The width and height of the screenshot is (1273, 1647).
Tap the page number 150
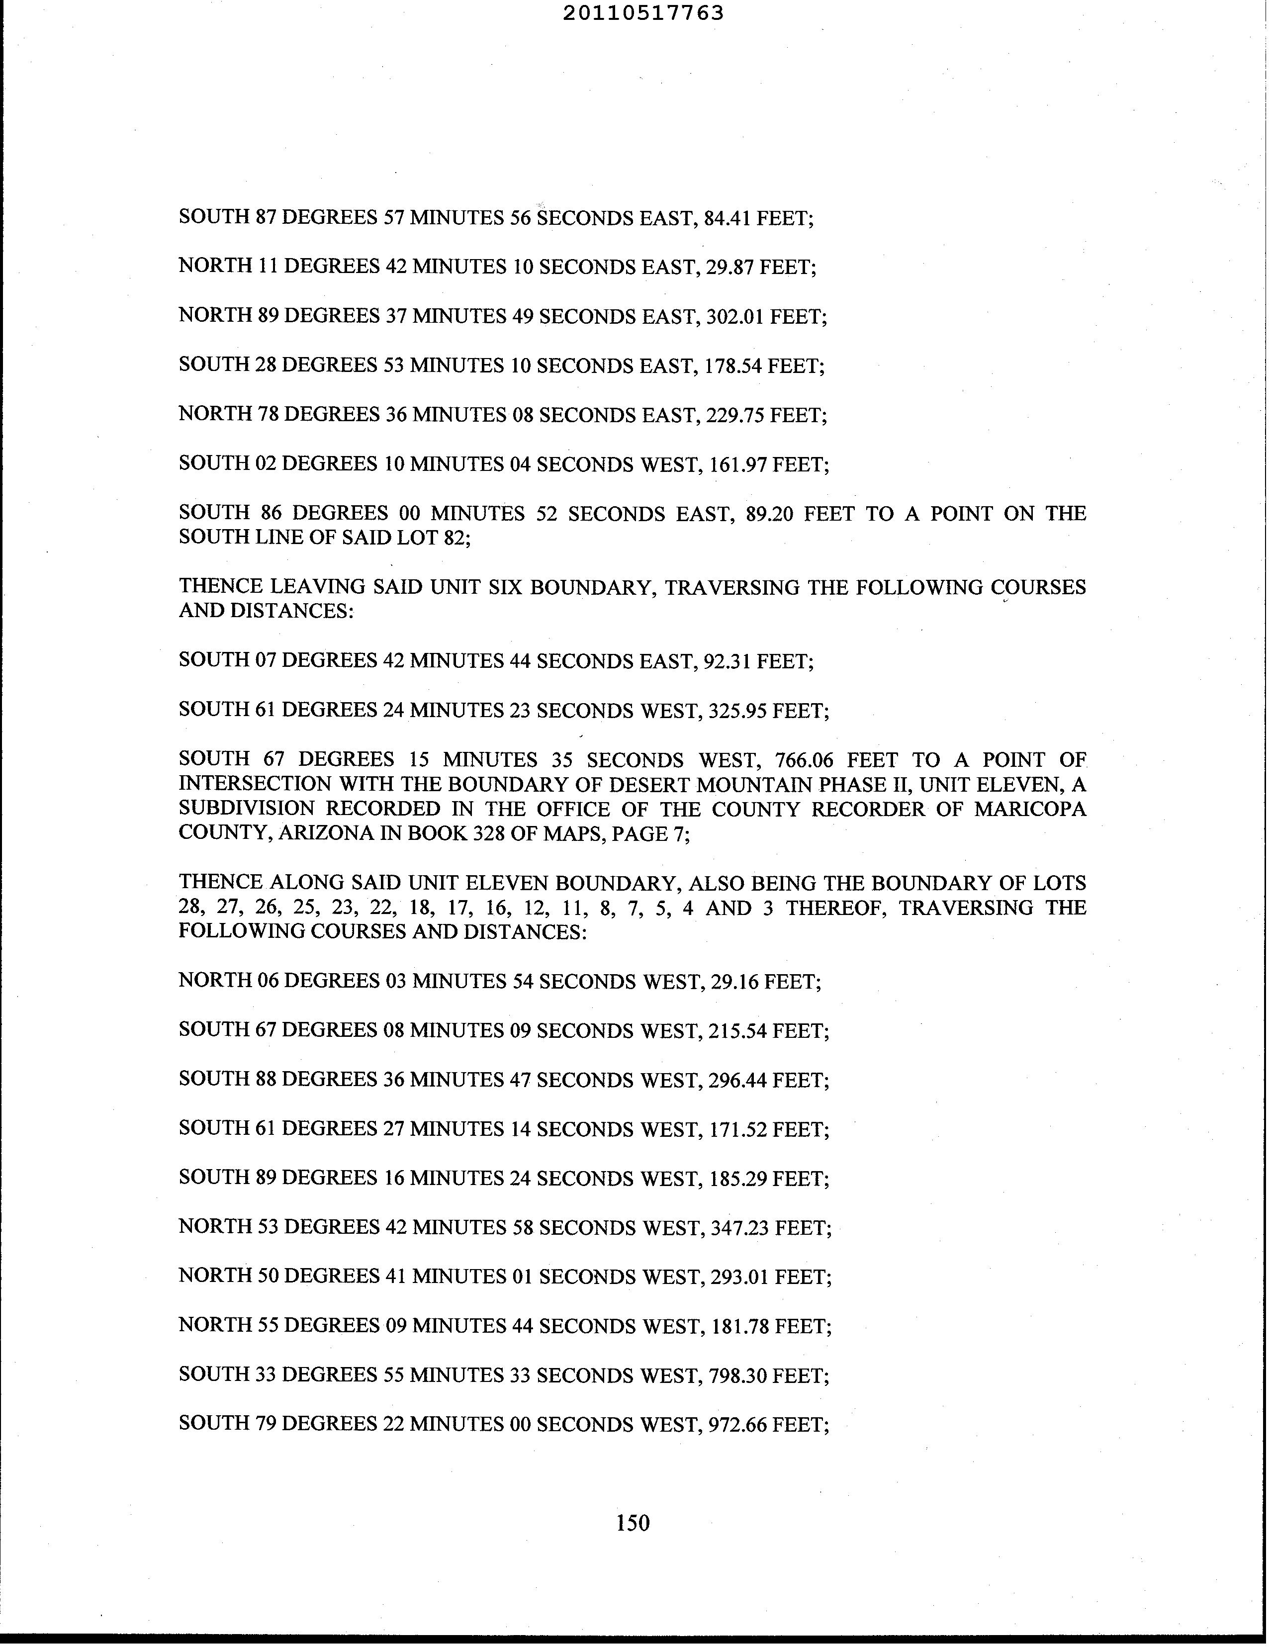[633, 1523]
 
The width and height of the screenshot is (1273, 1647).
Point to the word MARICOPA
[1030, 809]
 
